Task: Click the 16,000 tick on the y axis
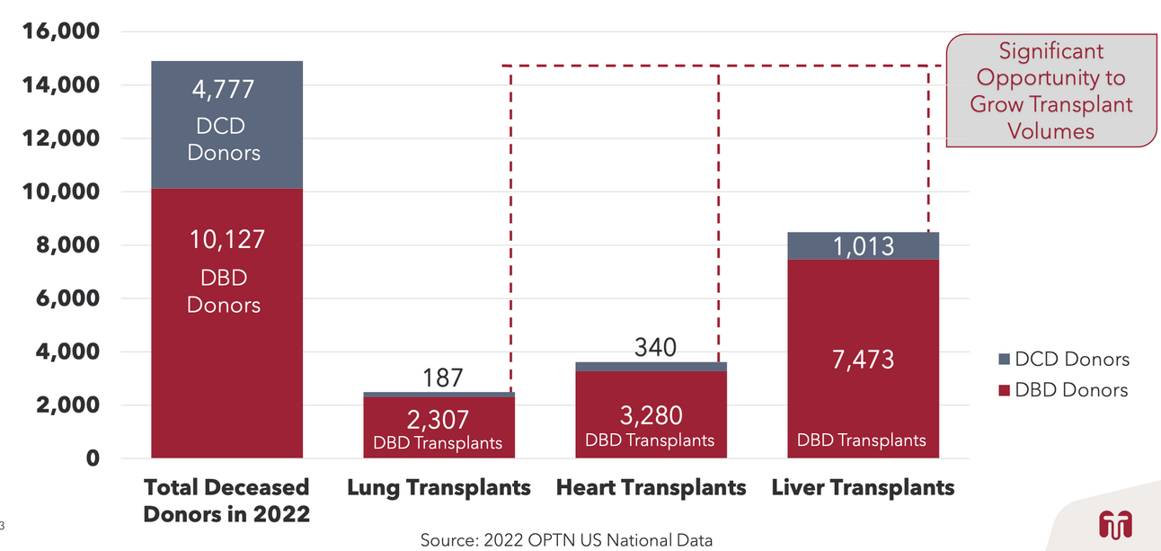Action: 60,32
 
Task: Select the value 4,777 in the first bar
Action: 224,90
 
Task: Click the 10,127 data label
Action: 226,240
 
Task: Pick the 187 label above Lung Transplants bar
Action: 442,378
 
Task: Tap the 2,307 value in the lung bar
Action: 439,419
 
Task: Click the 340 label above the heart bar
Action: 655,347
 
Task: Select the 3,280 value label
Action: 651,415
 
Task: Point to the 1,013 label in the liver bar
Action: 862,245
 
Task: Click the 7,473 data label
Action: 862,360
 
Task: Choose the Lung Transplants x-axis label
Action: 439,488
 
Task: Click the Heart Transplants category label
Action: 651,488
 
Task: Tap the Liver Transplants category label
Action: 863,488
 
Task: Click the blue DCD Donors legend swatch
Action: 1004,360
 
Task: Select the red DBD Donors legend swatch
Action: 1004,390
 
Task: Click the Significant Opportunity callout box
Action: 1050,91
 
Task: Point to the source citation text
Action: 566,540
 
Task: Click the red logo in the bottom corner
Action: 1114,524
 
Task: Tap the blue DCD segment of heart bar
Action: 651,367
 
